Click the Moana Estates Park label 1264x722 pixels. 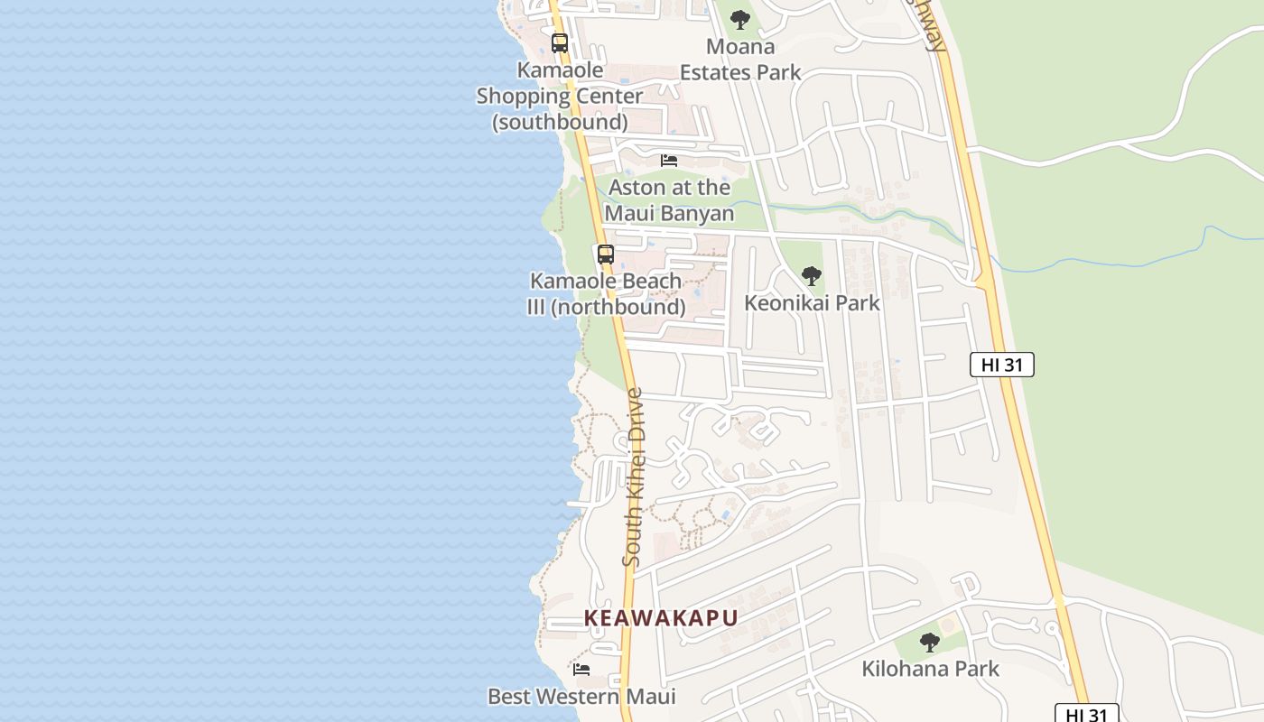pos(740,59)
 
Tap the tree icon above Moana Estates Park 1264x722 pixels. pos(740,19)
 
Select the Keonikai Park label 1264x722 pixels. pos(812,302)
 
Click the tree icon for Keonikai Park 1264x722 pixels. pos(812,275)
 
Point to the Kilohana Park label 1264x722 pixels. pos(930,669)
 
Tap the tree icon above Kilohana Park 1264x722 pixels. pos(930,643)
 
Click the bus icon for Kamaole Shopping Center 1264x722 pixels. pos(560,42)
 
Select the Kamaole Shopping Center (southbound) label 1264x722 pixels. pos(560,96)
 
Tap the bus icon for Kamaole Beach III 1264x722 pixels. pos(605,254)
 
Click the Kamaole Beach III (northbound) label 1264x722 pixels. pos(605,294)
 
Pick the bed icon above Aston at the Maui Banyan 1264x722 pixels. pos(669,161)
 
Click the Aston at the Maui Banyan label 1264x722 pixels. pos(669,200)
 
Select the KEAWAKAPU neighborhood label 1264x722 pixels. pos(661,618)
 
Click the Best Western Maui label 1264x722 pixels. pos(581,697)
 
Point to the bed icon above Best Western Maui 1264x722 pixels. pos(581,670)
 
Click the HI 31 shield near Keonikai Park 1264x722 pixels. pos(1001,365)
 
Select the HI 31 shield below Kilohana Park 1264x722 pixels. pos(1087,714)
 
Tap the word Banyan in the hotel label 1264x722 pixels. pos(700,214)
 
